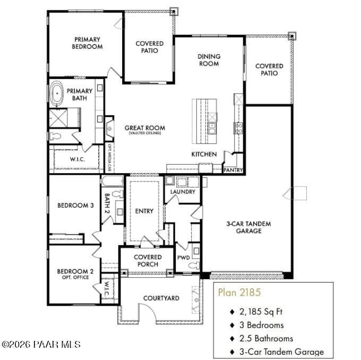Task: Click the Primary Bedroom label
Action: [87, 43]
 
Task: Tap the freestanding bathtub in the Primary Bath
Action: [57, 93]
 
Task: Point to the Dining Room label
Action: [209, 60]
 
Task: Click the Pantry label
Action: [233, 170]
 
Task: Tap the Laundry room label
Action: [183, 192]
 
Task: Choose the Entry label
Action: [144, 211]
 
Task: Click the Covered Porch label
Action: [148, 261]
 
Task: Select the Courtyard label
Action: [161, 298]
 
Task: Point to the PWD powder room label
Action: [184, 258]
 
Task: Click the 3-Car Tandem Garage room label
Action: [248, 227]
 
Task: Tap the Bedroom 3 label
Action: [75, 205]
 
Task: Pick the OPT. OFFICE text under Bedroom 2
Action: [75, 277]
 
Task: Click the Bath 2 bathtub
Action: [112, 181]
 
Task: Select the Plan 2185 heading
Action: [239, 292]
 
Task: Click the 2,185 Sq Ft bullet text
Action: [261, 312]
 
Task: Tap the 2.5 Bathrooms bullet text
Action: [266, 338]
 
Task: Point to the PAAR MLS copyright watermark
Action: [41, 345]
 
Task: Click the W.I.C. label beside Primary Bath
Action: [78, 159]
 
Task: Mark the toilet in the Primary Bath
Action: [55, 136]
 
